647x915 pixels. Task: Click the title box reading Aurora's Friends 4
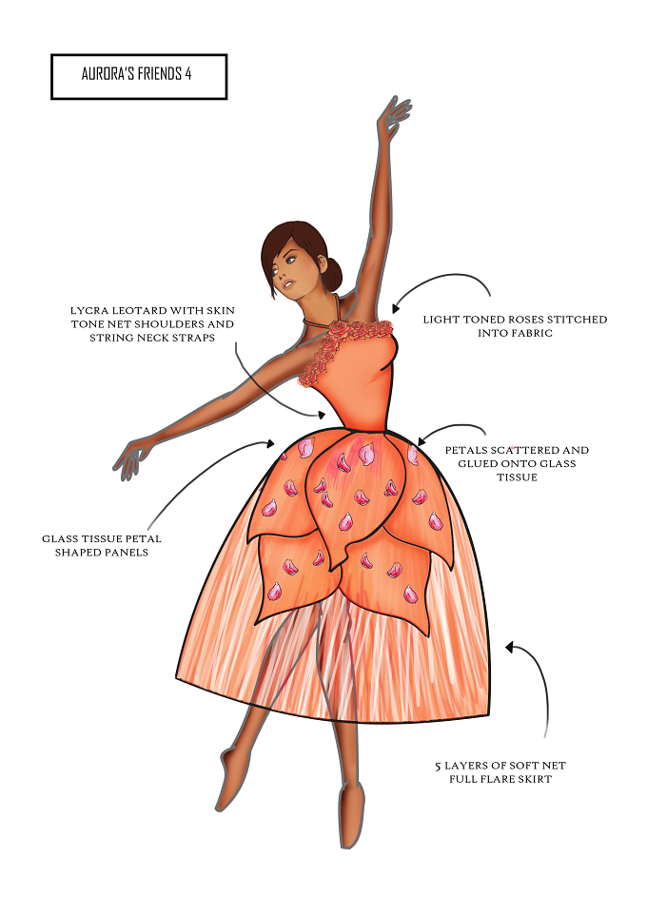pos(139,77)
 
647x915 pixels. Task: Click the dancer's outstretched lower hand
pos(131,458)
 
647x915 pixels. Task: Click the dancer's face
pos(293,271)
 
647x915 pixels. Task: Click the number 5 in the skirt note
pos(438,767)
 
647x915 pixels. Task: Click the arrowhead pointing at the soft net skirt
pos(510,647)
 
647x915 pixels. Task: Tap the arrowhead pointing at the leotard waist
pos(321,415)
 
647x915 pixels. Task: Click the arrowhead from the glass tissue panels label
pos(270,443)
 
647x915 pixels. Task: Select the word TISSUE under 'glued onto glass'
pos(517,477)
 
